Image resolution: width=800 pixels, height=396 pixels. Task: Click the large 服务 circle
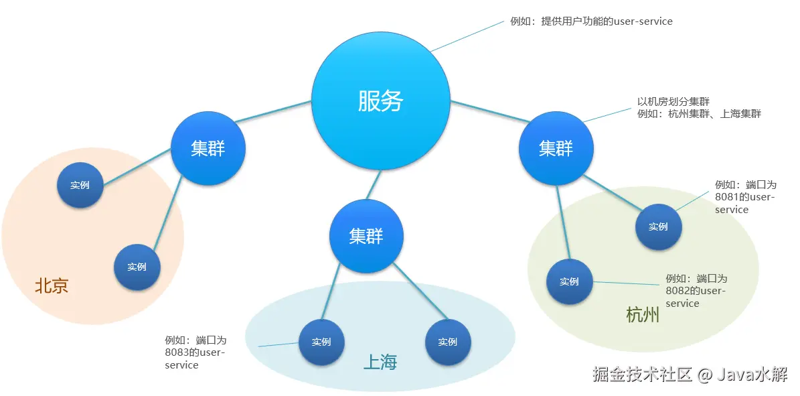point(380,101)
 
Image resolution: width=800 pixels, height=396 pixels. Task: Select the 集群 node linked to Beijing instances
point(208,148)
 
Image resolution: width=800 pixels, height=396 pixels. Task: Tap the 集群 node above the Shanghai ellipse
point(366,236)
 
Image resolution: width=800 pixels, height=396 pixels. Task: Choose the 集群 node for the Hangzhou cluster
point(556,148)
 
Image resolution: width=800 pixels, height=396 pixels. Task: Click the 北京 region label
point(52,286)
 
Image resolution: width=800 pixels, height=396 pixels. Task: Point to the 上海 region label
point(380,362)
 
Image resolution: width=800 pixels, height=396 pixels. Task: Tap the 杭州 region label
point(643,315)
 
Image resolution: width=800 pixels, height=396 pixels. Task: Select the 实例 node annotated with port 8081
point(658,227)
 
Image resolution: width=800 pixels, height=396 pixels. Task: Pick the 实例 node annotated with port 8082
point(569,281)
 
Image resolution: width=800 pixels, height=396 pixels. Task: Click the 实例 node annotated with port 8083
point(321,342)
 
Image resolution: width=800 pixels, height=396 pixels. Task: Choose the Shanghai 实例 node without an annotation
point(448,342)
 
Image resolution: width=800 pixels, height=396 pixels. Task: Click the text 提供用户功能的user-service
point(607,21)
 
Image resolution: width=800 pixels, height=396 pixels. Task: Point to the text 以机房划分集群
point(673,102)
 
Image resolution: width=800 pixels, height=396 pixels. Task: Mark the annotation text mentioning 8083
point(195,352)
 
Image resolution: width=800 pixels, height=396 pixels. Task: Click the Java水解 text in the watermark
point(752,375)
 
